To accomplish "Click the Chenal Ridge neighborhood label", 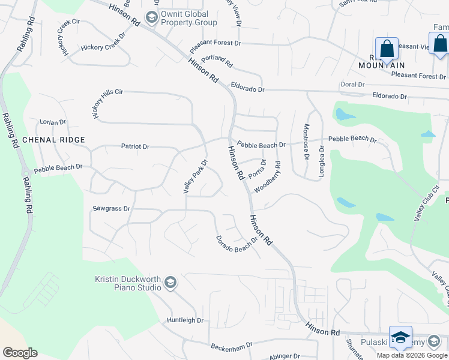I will click(53, 140).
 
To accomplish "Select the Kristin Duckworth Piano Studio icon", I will click(170, 283).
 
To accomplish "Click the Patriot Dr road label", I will click(135, 146).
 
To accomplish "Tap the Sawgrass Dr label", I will click(111, 209).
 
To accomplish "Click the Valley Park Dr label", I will click(194, 176).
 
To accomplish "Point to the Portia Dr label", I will click(256, 169).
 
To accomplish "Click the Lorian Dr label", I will click(52, 122).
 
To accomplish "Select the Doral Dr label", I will click(352, 85).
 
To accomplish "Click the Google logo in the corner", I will click(20, 353).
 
